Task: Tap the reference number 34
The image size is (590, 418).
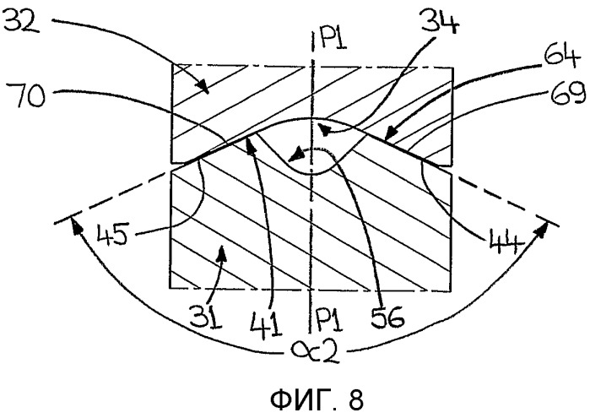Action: pyautogui.click(x=441, y=21)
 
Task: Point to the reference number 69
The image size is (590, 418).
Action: pyautogui.click(x=568, y=94)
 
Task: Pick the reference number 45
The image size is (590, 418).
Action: pyautogui.click(x=113, y=234)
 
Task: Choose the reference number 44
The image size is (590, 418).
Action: pyautogui.click(x=506, y=244)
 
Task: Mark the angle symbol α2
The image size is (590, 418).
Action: pyautogui.click(x=316, y=352)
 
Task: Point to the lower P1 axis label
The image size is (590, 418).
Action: pyautogui.click(x=330, y=319)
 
